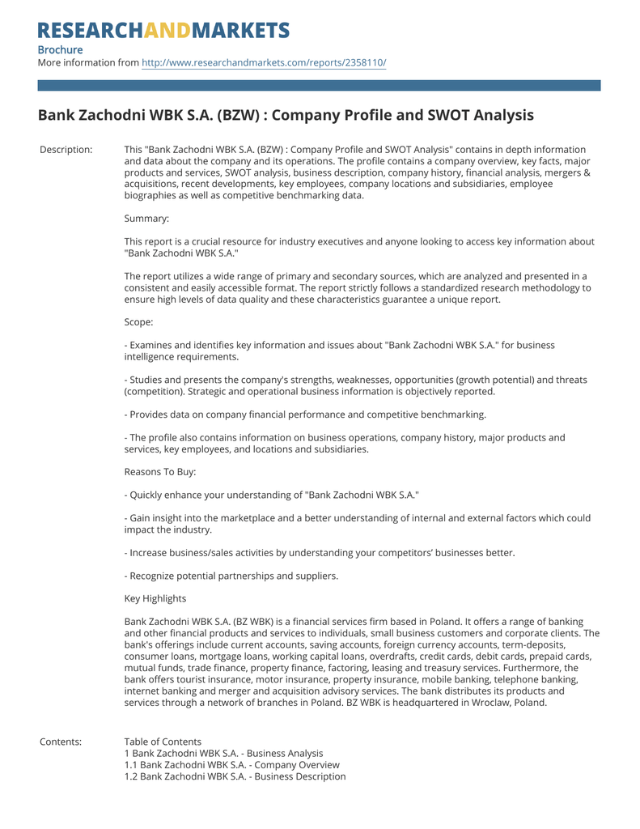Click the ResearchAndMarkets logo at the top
click(x=163, y=31)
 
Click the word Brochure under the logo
click(x=60, y=49)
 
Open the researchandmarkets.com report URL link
click(x=264, y=62)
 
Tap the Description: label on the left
click(x=66, y=150)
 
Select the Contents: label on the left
click(x=61, y=742)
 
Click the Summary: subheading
click(x=146, y=218)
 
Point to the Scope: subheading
click(x=139, y=321)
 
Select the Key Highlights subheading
click(x=155, y=598)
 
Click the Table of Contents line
click(x=163, y=742)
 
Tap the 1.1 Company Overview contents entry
click(x=231, y=765)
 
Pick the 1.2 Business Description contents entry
click(x=235, y=776)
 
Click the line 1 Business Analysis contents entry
click(x=223, y=753)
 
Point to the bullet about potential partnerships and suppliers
click(x=231, y=576)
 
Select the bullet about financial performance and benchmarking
click(x=305, y=414)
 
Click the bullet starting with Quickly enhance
click(x=272, y=495)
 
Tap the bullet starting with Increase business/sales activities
click(x=320, y=553)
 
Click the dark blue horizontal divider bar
click(x=320, y=85)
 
